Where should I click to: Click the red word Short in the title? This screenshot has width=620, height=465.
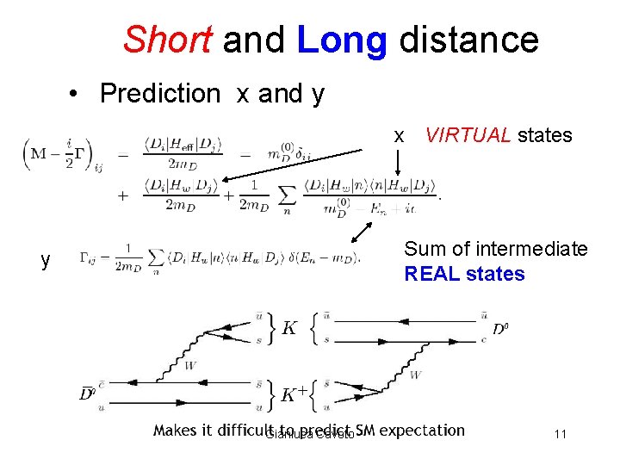click(168, 40)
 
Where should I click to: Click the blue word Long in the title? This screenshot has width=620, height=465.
click(342, 40)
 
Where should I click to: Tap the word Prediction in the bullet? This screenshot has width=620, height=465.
click(160, 93)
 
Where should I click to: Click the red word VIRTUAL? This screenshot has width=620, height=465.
click(468, 134)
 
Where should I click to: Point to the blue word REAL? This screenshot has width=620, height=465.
click(437, 274)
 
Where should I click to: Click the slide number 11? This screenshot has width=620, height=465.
click(560, 434)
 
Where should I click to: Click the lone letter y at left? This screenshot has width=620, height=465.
click(46, 259)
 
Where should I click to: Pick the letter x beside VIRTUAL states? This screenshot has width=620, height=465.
click(399, 135)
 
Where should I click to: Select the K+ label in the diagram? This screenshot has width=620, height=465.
click(294, 394)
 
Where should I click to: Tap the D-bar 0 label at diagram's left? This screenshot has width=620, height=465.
click(86, 394)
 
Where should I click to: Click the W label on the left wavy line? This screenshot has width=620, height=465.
click(190, 365)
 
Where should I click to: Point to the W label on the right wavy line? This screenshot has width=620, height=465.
click(415, 375)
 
